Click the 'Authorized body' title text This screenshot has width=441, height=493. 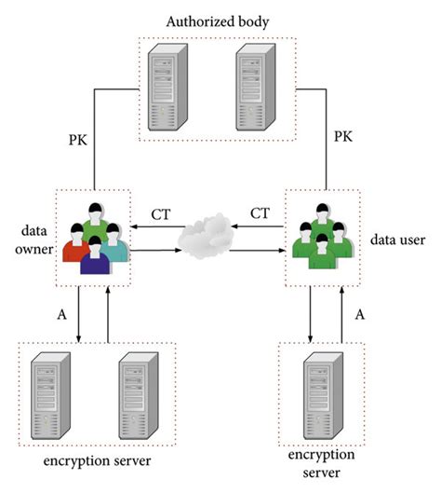(220, 20)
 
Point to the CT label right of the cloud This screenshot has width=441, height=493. (261, 213)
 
